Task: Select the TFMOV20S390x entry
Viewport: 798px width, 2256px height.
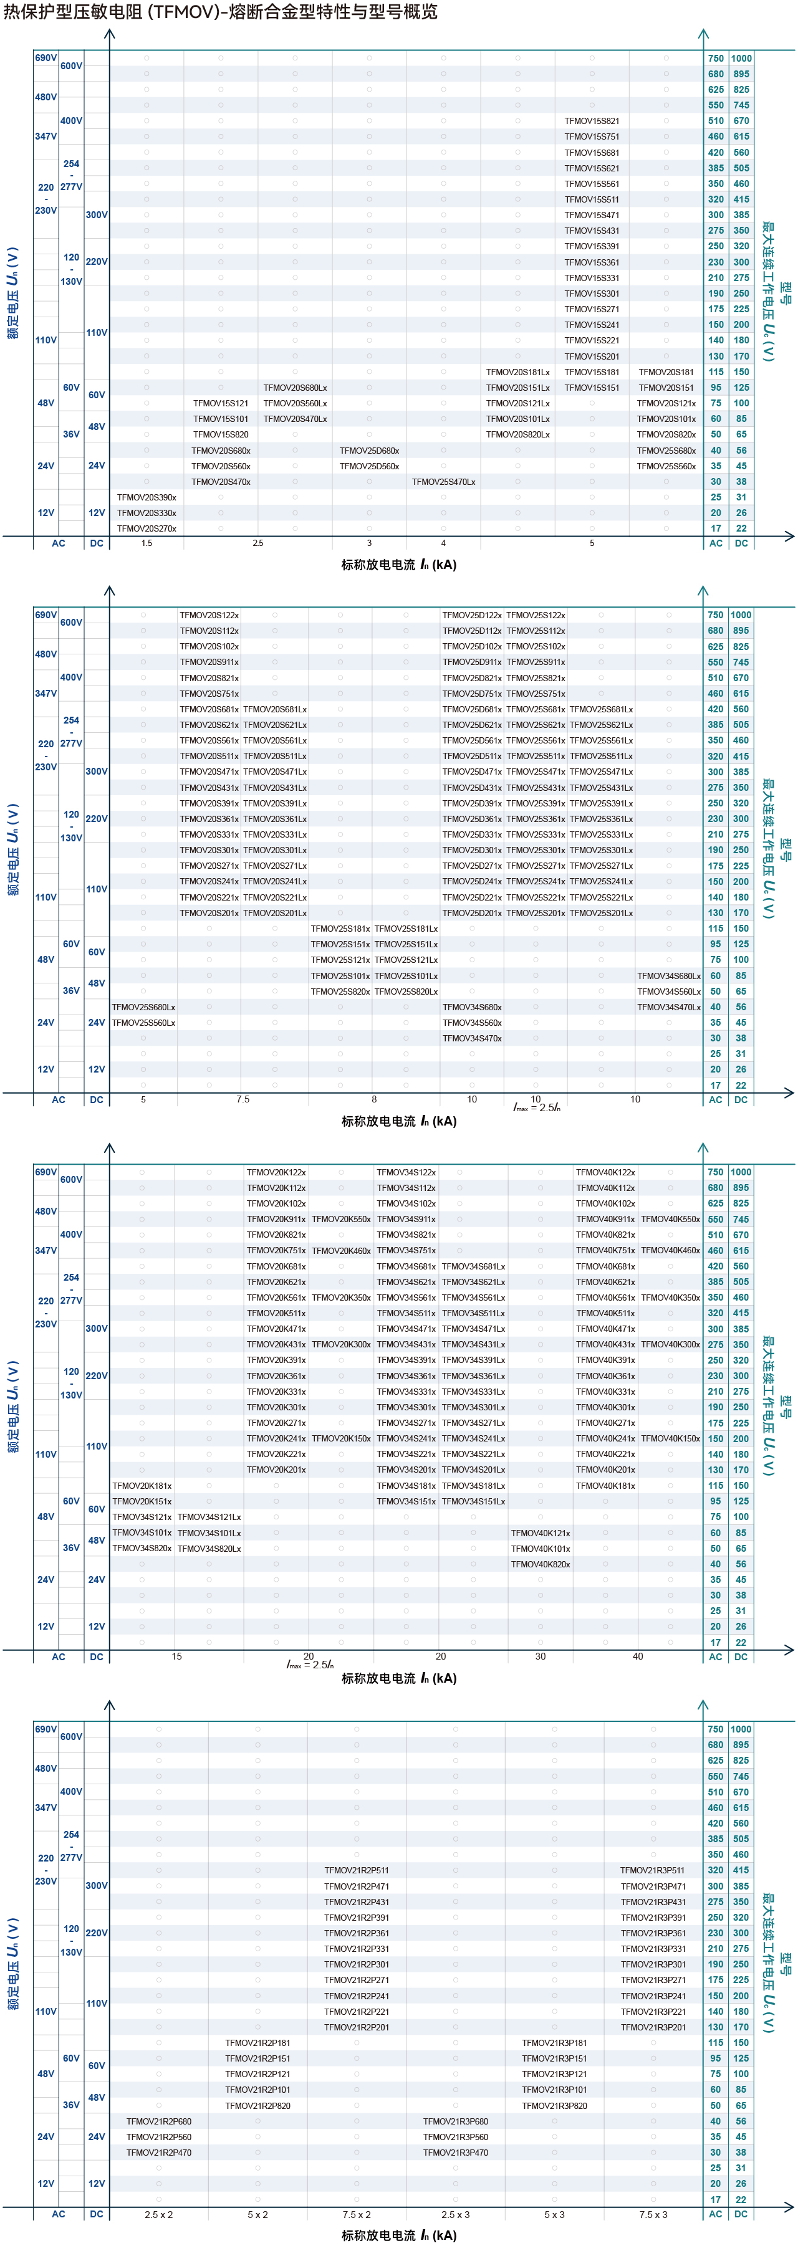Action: [147, 497]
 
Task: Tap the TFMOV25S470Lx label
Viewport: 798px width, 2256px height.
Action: [443, 482]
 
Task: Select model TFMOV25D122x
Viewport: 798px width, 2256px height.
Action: [471, 615]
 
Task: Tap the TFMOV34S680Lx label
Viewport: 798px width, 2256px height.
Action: [668, 975]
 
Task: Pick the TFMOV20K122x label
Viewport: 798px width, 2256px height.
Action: [276, 1172]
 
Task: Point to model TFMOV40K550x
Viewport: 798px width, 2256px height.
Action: [670, 1219]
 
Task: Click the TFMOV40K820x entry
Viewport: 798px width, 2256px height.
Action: [541, 1564]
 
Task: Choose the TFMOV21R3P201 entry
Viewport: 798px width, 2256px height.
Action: [653, 2027]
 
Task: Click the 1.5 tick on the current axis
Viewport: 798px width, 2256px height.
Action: [147, 543]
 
